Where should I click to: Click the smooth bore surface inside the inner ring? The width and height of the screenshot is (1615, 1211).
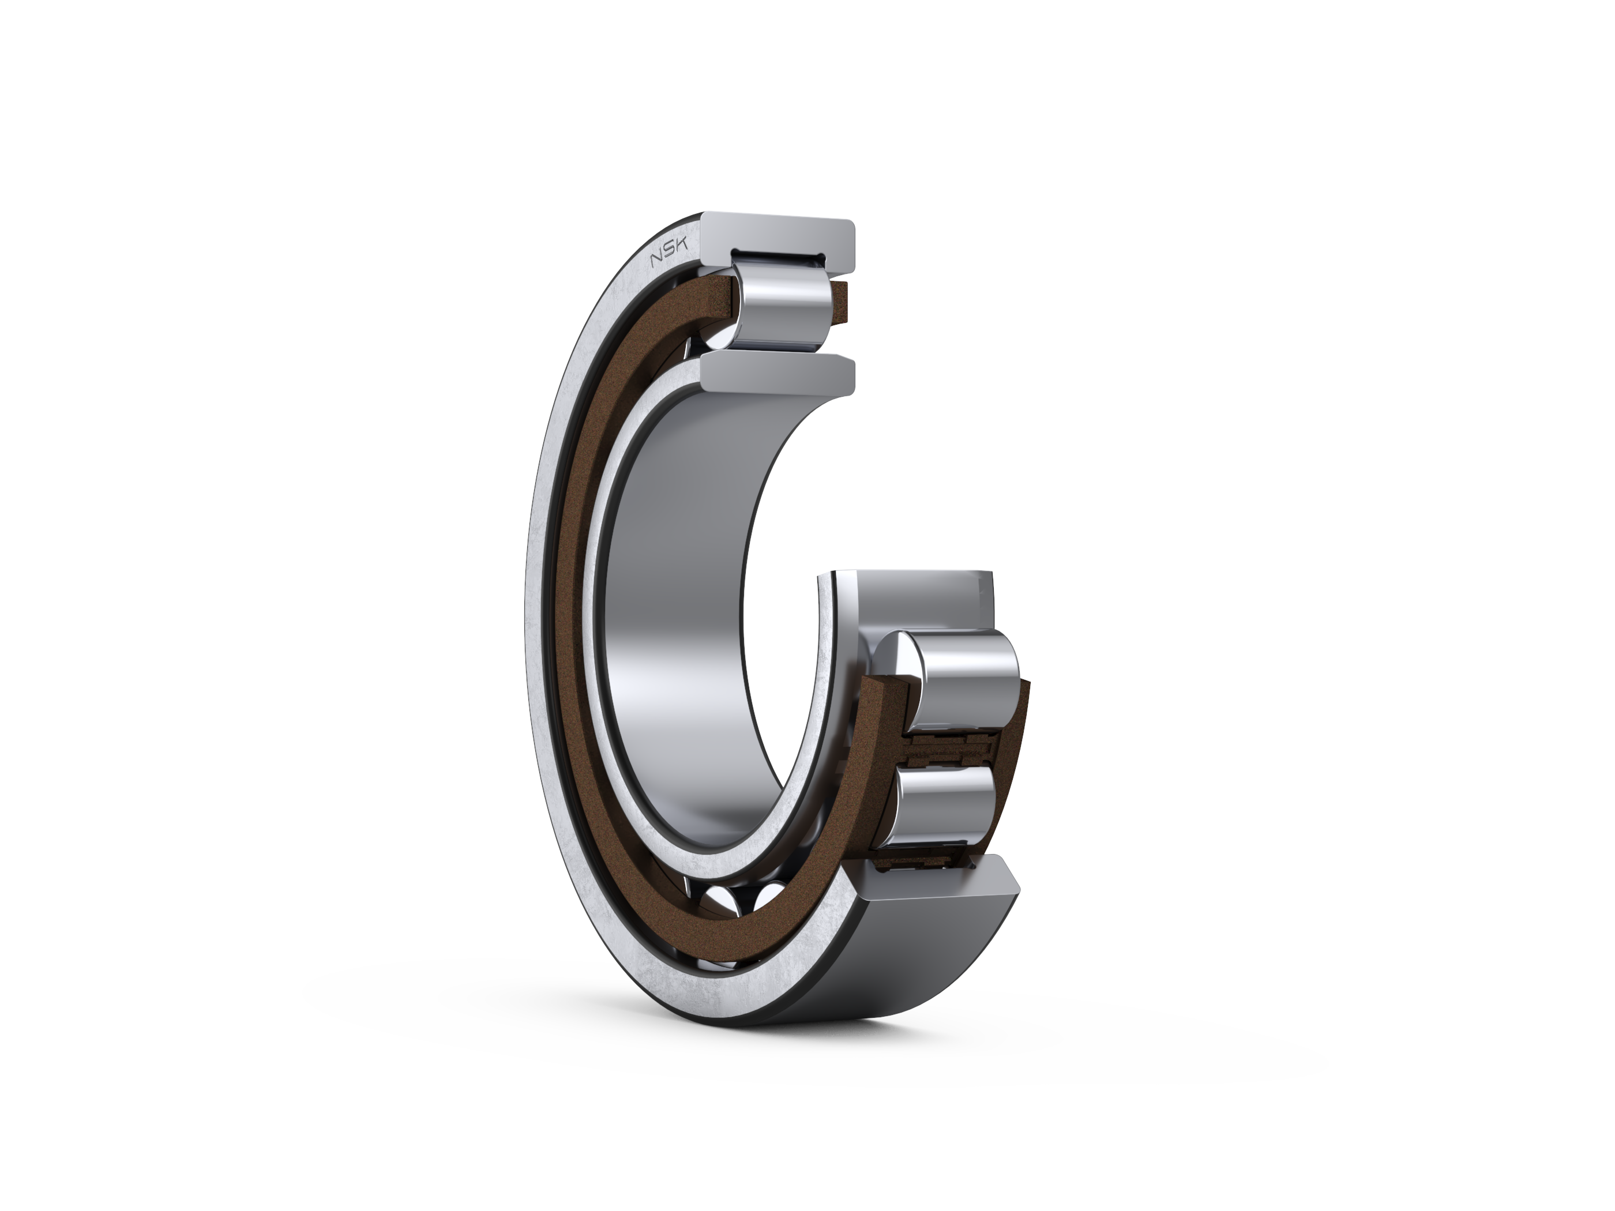pyautogui.click(x=679, y=584)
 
